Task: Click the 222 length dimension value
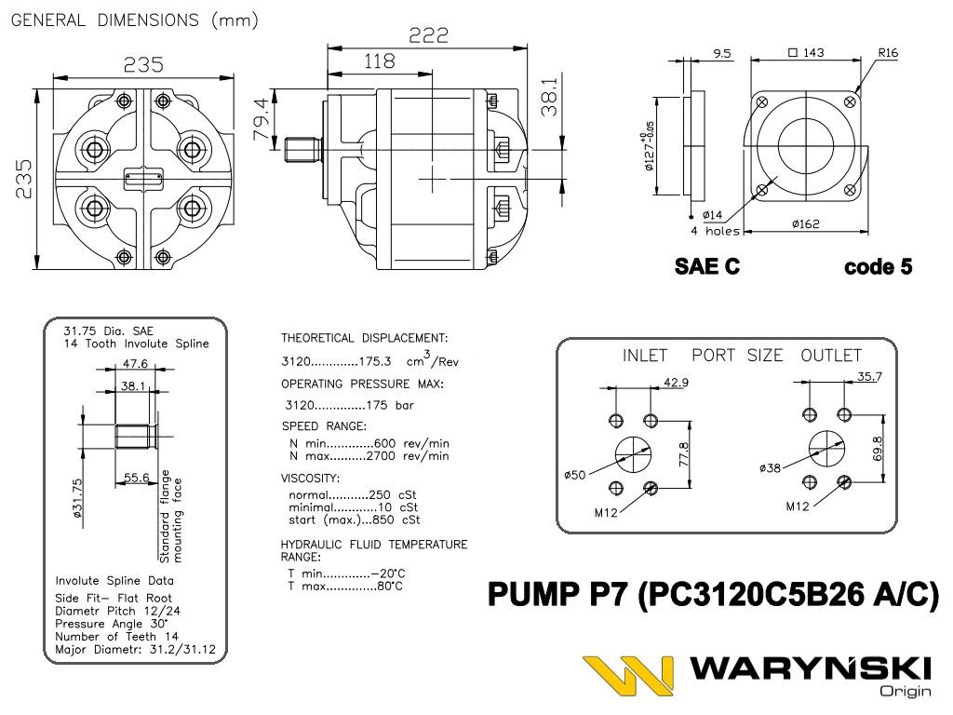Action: coord(429,35)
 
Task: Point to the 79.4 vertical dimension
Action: coord(262,115)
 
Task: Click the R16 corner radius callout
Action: coord(888,53)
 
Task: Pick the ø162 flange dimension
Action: coord(805,224)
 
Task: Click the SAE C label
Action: coord(707,267)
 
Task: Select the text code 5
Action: coord(878,267)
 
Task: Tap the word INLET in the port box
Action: coord(645,356)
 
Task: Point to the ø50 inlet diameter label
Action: coord(574,476)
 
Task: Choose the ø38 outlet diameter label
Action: coord(771,468)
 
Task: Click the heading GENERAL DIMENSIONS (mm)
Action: coord(135,20)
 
